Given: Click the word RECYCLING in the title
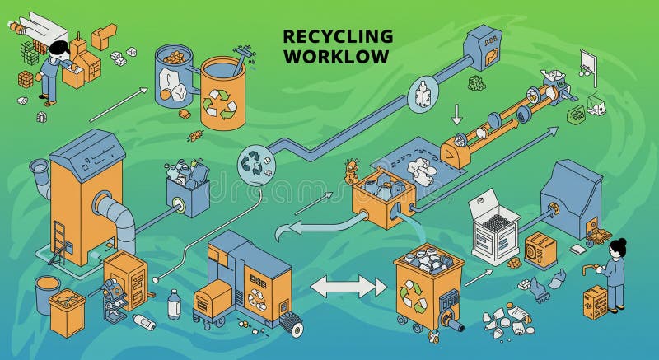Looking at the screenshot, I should tap(338, 36).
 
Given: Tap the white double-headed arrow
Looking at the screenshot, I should tap(348, 287).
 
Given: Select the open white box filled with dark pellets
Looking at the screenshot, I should tap(494, 227).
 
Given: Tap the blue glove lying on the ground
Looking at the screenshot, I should tap(539, 288).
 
